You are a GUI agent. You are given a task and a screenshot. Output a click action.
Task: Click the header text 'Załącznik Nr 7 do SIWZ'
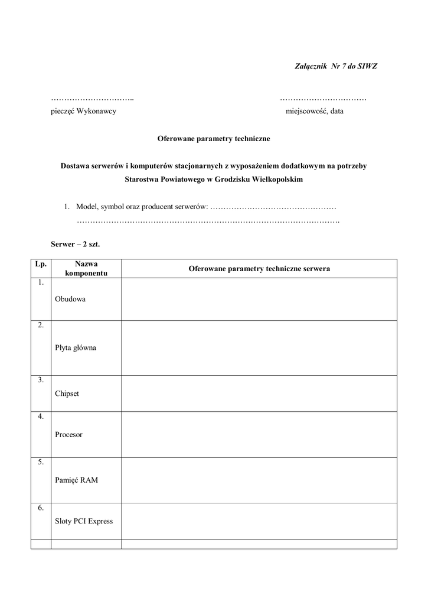click(x=335, y=66)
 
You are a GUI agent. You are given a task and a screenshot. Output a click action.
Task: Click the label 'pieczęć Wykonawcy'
click(x=83, y=112)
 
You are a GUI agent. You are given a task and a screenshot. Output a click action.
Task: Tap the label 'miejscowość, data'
click(x=314, y=112)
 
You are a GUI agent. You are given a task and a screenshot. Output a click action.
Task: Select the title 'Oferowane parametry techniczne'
click(x=213, y=139)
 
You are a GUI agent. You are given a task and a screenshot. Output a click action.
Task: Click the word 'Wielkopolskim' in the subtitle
click(x=276, y=180)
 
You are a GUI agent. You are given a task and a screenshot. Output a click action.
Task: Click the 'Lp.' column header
click(x=41, y=264)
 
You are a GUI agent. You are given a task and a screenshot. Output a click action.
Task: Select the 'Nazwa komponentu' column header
click(x=86, y=269)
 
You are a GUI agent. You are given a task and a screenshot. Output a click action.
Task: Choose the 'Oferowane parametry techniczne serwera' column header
click(x=259, y=269)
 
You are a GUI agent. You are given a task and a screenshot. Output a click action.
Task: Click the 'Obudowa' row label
click(x=70, y=299)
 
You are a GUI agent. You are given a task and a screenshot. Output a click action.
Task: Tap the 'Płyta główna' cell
click(x=76, y=348)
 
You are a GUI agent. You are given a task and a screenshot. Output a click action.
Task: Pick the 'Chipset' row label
click(x=67, y=393)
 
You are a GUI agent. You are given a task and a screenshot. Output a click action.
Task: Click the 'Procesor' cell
click(x=68, y=435)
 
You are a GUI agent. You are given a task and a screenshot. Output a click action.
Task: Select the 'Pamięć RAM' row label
click(x=76, y=480)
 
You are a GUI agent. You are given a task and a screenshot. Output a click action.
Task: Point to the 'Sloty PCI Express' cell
click(x=84, y=521)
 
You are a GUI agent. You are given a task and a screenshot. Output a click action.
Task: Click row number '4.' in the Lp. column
click(x=41, y=417)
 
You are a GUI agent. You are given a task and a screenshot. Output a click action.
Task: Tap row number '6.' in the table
click(x=41, y=508)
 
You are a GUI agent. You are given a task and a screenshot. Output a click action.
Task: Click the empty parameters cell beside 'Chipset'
click(x=259, y=393)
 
